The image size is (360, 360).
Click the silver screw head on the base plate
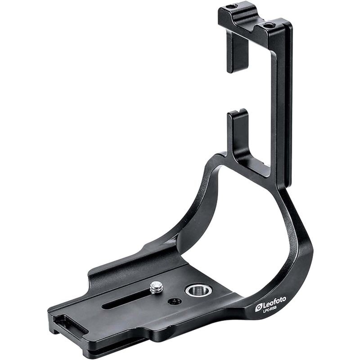click(156, 287)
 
